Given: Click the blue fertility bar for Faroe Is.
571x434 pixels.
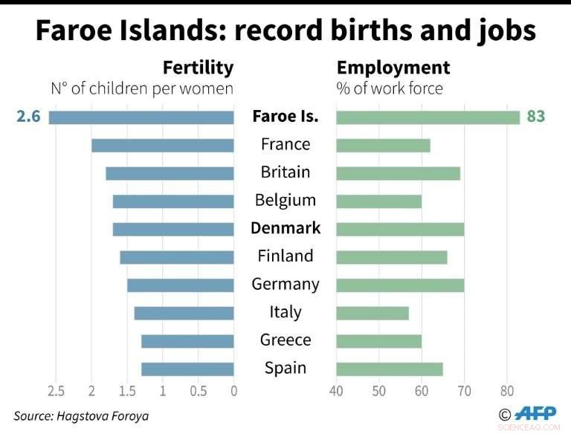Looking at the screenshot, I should (x=141, y=117).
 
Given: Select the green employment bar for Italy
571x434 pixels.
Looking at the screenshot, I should (x=372, y=313).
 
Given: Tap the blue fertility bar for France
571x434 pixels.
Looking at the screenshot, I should (x=162, y=145).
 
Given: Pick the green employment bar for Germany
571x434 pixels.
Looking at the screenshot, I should (x=400, y=285).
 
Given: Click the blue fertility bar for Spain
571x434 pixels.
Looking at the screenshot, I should (x=187, y=369).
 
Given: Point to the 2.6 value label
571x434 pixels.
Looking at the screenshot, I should (x=28, y=117).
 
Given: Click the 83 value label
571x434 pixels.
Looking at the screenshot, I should (x=535, y=117).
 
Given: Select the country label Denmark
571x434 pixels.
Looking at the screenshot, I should (x=285, y=228).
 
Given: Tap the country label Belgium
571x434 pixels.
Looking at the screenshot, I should (x=285, y=200).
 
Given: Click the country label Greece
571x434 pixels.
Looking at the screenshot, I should (x=285, y=340).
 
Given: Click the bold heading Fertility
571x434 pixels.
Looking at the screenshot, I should (x=198, y=68).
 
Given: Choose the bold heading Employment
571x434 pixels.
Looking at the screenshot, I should (x=393, y=68).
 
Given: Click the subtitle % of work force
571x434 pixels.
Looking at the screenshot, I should (x=390, y=89).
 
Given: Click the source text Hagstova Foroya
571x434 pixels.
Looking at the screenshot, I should (x=103, y=416).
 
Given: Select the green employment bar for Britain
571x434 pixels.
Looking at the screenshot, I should (x=398, y=173).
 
